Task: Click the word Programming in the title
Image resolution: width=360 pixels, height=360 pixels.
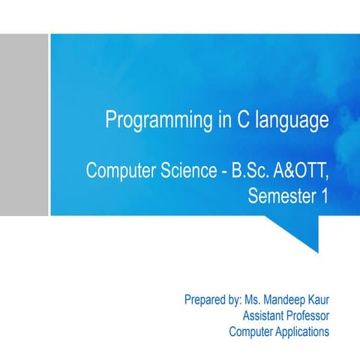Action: [153, 121]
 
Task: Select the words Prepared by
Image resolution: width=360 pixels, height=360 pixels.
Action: [212, 301]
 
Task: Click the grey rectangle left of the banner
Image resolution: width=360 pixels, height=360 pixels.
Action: [24, 124]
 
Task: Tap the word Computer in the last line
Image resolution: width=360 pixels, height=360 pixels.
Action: [250, 331]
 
